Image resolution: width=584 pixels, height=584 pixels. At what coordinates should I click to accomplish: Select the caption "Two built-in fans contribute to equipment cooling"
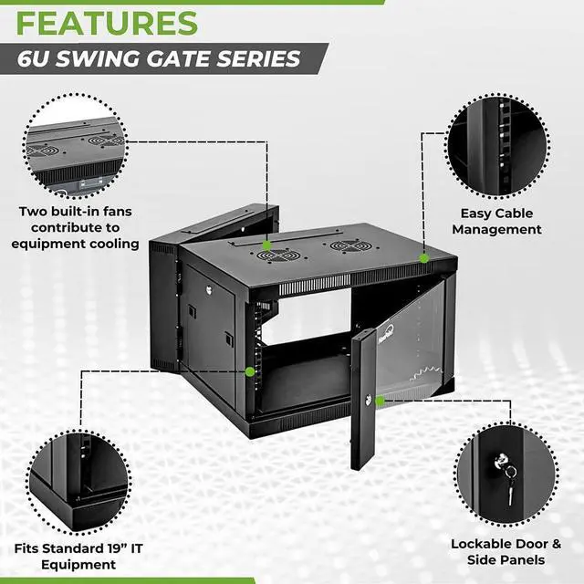pos(75,227)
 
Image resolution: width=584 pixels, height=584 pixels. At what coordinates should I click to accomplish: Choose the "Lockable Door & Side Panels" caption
pos(506,551)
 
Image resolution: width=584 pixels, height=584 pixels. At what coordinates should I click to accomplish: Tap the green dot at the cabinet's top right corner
pos(424,258)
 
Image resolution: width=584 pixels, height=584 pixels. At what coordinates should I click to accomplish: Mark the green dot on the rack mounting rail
pos(250,371)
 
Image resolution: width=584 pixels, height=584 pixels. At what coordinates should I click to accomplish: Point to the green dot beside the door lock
pos(380,400)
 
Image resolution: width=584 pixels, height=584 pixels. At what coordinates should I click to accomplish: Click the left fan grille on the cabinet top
pos(273,255)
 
